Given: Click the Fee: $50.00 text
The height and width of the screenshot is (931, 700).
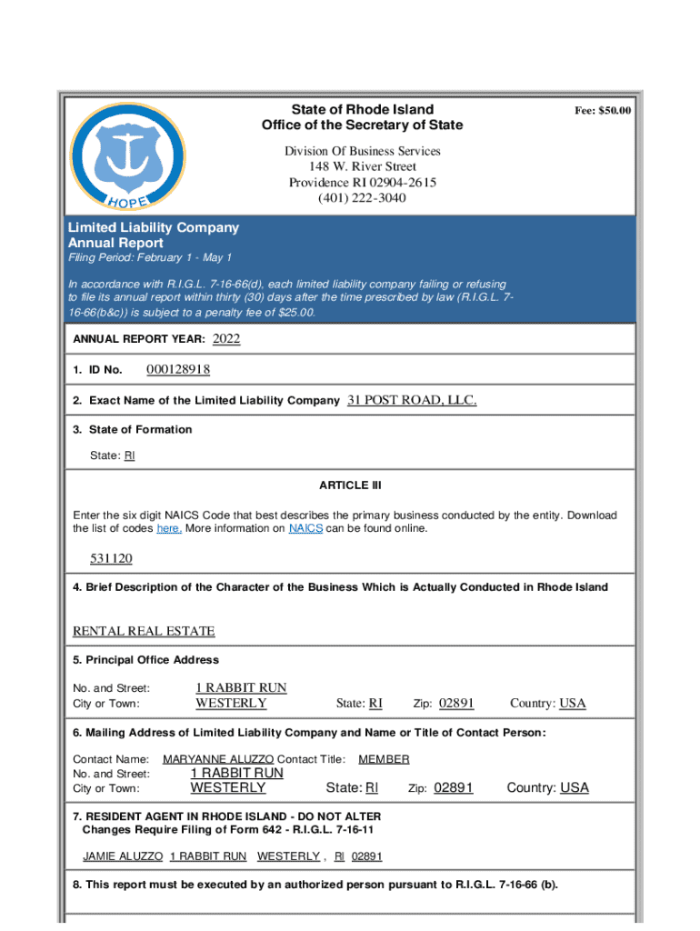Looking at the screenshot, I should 602,111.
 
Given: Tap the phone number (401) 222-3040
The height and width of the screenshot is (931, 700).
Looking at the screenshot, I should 362,198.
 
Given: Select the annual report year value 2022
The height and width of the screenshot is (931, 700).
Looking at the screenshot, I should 226,339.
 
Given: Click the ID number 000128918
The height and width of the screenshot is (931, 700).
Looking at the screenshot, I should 178,369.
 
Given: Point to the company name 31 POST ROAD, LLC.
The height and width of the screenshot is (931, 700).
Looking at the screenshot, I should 412,400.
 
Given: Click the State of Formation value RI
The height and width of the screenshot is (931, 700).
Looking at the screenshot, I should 129,455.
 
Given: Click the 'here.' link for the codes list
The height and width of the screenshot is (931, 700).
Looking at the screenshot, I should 169,528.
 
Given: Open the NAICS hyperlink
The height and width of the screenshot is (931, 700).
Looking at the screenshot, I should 305,528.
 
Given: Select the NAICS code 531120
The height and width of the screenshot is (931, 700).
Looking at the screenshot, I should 111,557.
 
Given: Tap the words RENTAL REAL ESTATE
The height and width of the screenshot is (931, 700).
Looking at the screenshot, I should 144,631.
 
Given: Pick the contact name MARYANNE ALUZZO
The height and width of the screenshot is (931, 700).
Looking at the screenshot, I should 218,759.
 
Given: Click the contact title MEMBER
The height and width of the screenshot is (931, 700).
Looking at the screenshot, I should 384,759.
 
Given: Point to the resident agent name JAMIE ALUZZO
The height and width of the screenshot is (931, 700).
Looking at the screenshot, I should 123,856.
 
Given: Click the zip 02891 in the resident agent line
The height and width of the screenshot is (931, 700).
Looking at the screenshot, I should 367,856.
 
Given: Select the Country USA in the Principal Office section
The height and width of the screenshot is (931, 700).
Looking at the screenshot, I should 573,703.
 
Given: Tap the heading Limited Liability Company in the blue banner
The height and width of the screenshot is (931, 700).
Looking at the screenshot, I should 154,227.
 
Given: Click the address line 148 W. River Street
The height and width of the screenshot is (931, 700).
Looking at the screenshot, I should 362,166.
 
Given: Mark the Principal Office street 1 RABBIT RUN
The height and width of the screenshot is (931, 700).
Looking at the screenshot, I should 241,688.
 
